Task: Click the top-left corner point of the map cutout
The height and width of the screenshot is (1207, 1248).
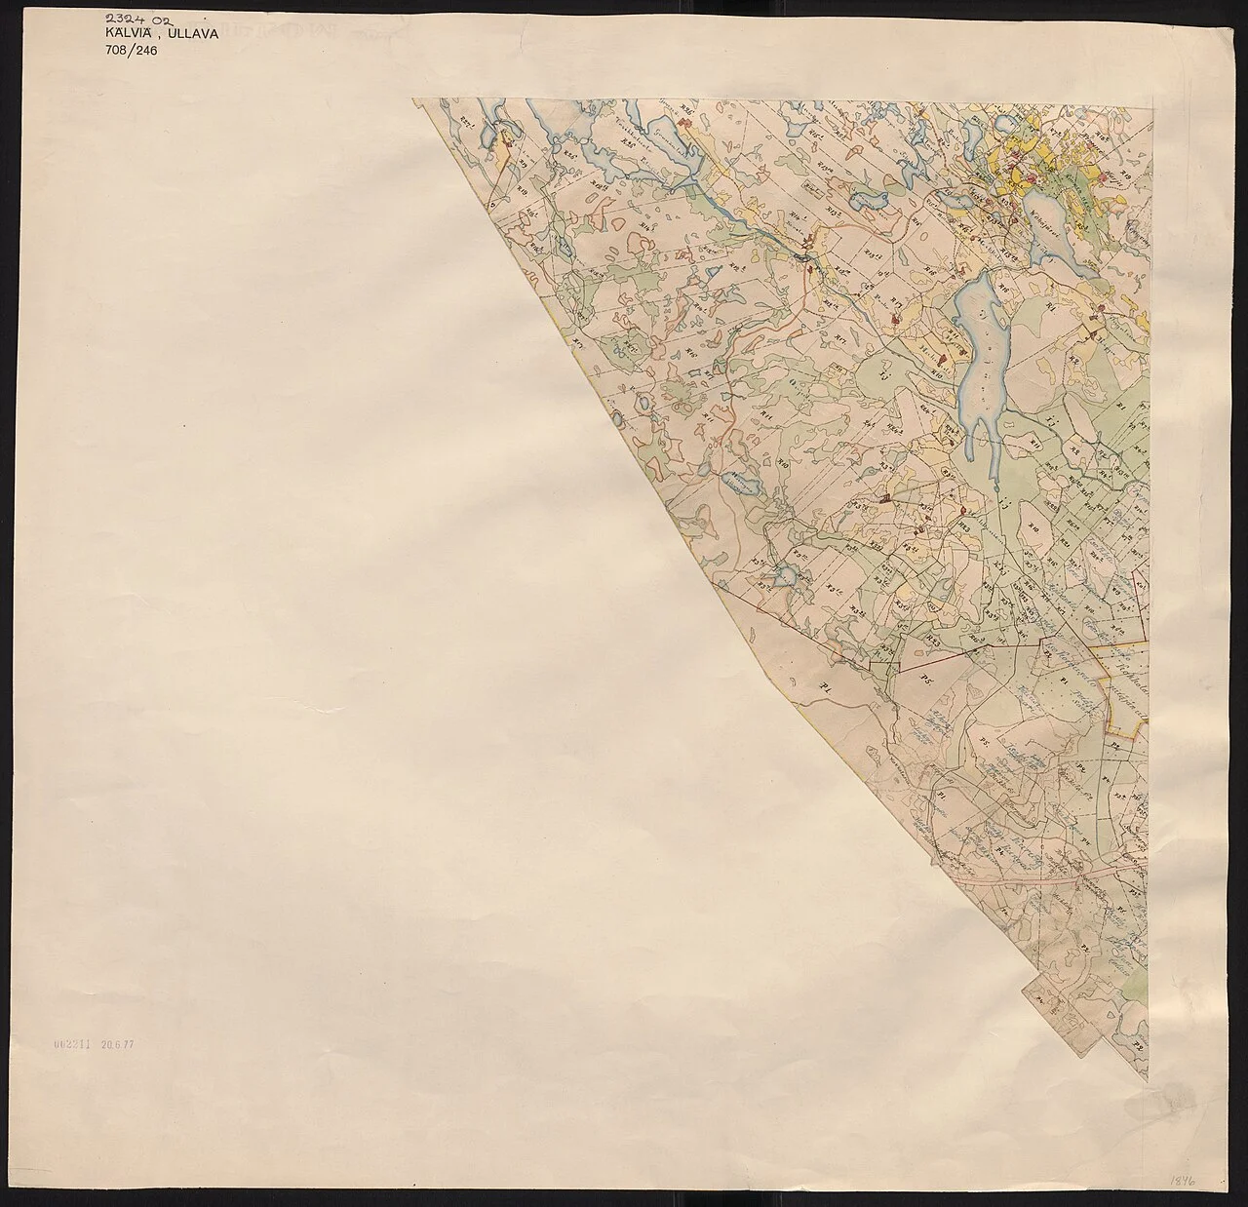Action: [412, 98]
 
